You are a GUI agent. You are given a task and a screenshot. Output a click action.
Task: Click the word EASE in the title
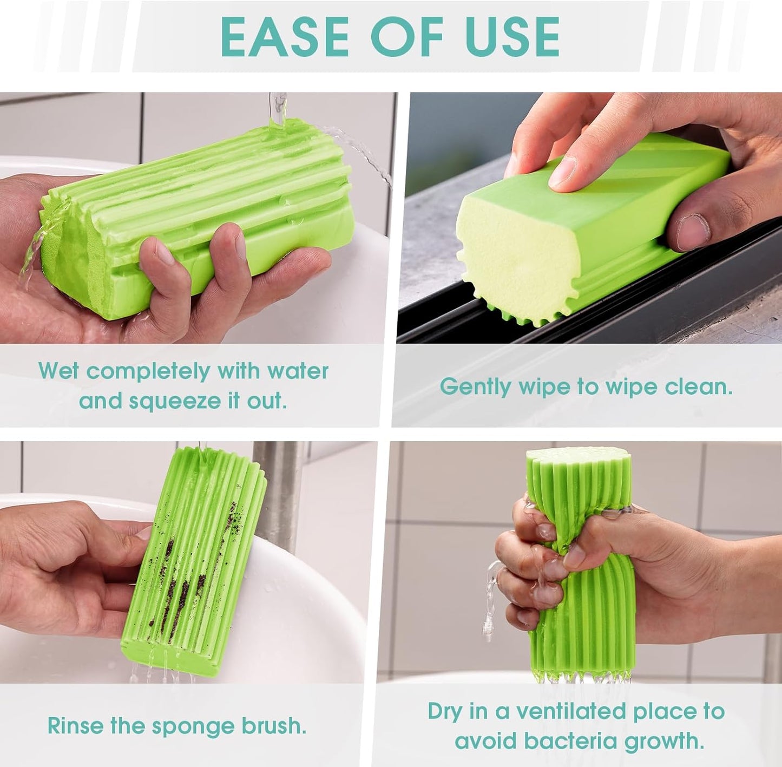pos(285,37)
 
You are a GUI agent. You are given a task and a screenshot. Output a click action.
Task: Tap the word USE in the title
pos(507,37)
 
